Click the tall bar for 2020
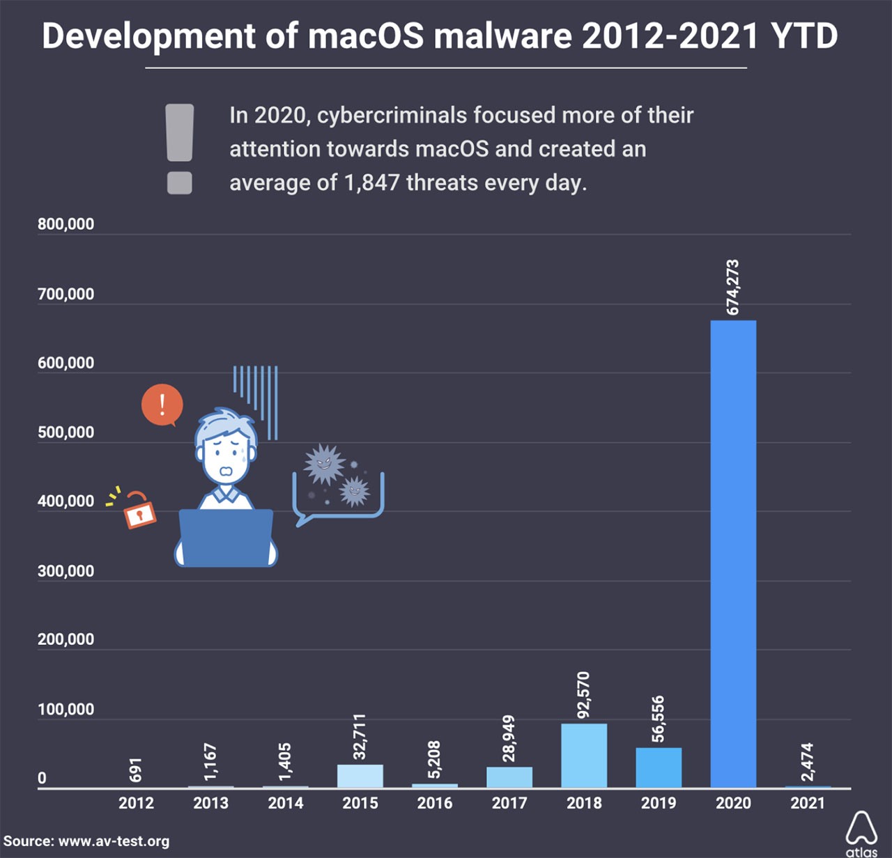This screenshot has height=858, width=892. [x=733, y=554]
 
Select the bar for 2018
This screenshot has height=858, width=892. [x=584, y=756]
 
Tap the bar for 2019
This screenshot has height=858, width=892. [x=659, y=767]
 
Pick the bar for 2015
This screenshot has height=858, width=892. [x=360, y=776]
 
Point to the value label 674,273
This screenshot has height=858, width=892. [x=732, y=287]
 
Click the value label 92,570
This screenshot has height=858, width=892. [x=583, y=694]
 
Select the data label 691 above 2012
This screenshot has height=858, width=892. [x=136, y=770]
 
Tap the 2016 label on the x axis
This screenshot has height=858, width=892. [x=435, y=803]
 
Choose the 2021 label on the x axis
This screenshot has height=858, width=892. [x=808, y=803]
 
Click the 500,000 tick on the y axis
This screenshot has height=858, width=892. [x=66, y=432]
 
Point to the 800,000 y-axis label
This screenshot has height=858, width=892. [x=66, y=224]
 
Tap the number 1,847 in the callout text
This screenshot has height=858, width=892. [x=371, y=182]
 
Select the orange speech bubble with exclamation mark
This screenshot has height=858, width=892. [x=162, y=405]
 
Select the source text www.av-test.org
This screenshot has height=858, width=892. [x=114, y=841]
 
